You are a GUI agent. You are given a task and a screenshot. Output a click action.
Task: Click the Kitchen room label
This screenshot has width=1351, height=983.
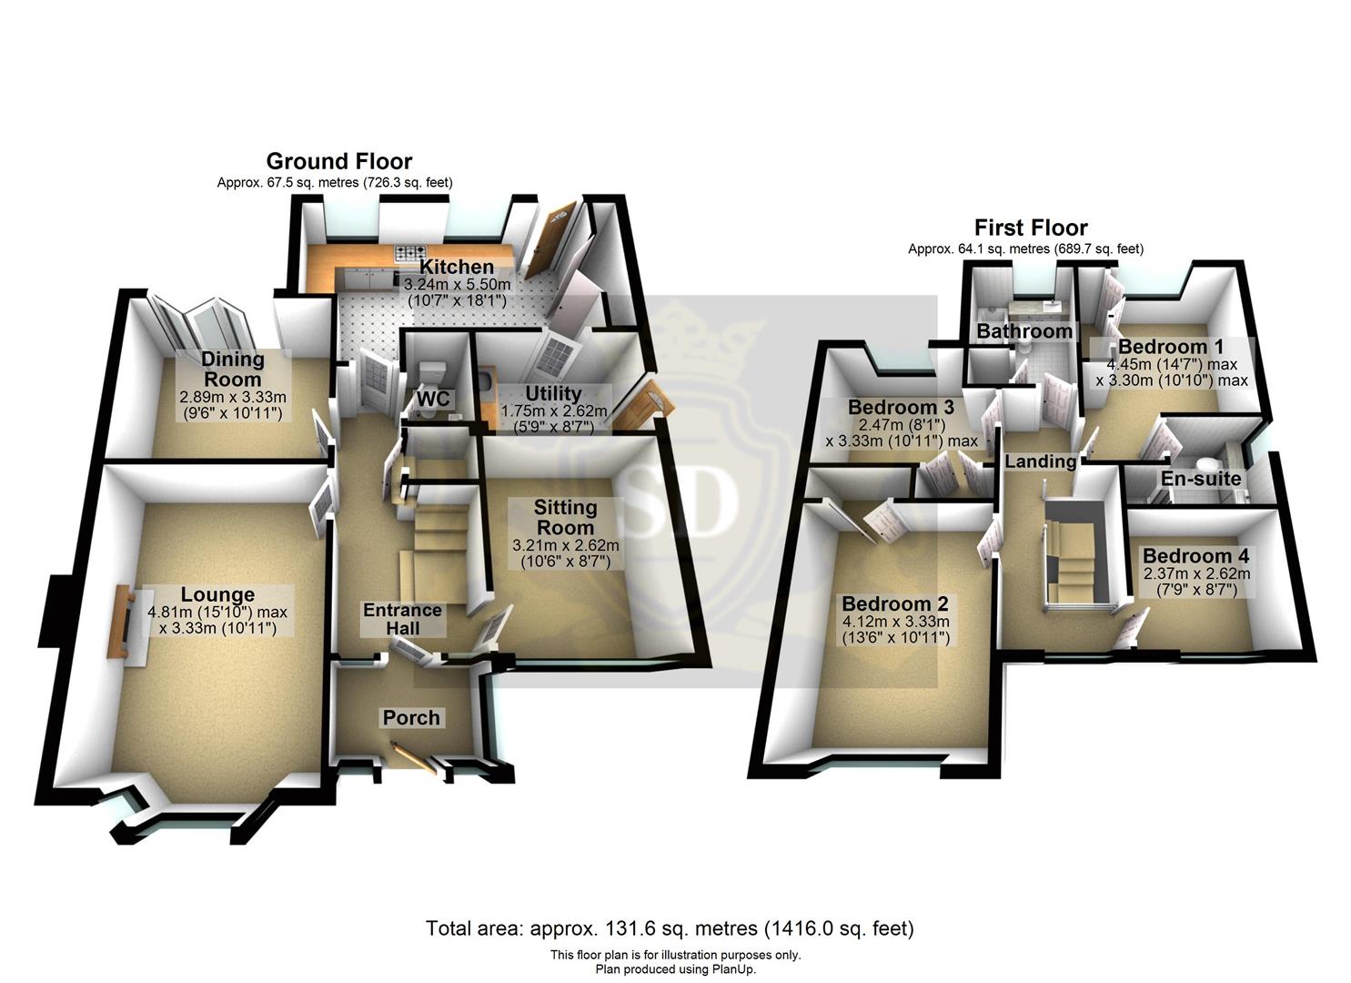coord(457,267)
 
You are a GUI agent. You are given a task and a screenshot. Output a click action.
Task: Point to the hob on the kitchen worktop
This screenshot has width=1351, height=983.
coord(410,253)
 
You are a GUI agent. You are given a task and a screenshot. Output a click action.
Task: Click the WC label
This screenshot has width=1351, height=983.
coord(434,400)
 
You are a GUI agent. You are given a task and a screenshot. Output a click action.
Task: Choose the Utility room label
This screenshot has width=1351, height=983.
coord(553,393)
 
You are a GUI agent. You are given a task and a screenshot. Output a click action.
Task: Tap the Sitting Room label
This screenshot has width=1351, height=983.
coord(565,517)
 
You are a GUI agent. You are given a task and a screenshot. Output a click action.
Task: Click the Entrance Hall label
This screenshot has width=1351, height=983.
coord(402,619)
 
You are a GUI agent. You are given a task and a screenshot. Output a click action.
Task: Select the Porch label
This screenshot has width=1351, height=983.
coord(411,717)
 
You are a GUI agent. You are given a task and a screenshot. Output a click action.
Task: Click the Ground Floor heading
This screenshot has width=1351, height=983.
coord(338,161)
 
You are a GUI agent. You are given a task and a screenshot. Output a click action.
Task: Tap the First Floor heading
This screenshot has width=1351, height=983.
coord(1031,227)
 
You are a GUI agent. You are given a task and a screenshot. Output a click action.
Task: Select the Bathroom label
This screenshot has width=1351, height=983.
coord(1024,331)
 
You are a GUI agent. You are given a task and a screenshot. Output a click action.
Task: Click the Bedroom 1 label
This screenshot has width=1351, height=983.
coord(1171,347)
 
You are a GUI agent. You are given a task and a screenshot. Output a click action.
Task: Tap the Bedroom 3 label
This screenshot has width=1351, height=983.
coord(901,407)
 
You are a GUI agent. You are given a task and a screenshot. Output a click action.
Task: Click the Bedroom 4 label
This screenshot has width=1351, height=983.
coord(1195,556)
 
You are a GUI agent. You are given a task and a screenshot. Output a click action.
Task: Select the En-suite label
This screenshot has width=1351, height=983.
coord(1201,479)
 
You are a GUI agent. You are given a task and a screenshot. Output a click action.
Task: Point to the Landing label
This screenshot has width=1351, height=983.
coord(1040,461)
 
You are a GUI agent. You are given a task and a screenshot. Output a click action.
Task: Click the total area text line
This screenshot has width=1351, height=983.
coord(670,928)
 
